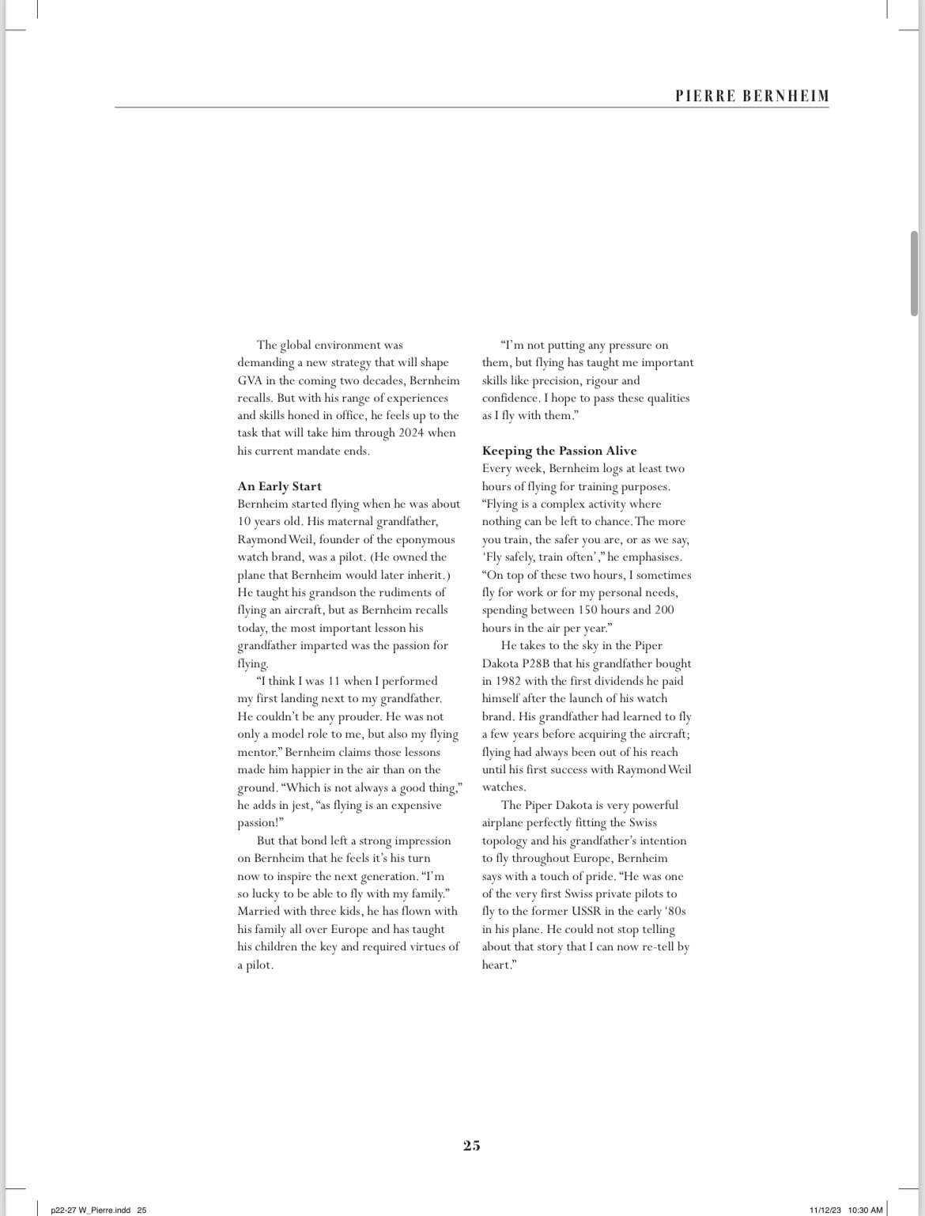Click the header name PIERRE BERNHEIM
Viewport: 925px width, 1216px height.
[752, 96]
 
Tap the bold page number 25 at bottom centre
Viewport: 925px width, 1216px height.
[471, 1145]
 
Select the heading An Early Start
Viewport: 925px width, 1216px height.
[279, 486]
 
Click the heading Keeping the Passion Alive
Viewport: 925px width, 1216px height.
[559, 451]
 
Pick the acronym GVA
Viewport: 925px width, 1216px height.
[249, 380]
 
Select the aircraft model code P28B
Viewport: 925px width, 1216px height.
[542, 663]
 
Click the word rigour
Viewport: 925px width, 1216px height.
[601, 380]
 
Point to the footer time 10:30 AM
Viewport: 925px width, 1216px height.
[865, 1210]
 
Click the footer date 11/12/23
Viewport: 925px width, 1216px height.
[825, 1210]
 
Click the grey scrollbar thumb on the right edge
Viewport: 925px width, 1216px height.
[914, 273]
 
